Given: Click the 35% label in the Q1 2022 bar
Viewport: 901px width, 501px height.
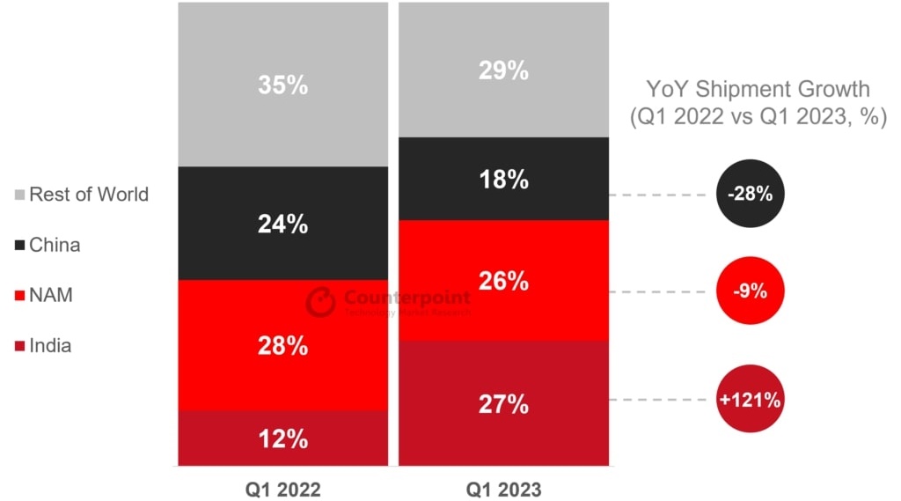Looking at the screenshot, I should tap(282, 85).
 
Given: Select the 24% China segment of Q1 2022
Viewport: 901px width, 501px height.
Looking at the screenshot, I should tap(282, 224).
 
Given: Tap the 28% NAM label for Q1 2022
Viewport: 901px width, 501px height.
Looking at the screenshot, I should tap(282, 345).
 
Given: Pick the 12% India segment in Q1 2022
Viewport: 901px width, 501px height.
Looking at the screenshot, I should tap(282, 438).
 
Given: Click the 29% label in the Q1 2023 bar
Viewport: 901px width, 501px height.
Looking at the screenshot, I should tap(503, 70).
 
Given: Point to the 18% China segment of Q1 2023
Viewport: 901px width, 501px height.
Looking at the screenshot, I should tap(503, 179).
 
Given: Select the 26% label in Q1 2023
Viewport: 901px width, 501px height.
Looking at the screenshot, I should tap(503, 281).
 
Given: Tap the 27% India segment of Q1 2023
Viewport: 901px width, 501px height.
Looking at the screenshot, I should tap(503, 404).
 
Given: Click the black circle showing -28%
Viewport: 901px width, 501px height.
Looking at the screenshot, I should tap(750, 194).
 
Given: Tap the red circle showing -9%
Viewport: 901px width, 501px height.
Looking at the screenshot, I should tap(750, 291).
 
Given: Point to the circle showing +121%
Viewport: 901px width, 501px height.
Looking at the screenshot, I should tap(750, 400).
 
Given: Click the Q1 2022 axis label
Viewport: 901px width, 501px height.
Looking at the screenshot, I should tap(282, 487).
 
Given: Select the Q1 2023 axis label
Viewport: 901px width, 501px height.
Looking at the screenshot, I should tap(503, 487).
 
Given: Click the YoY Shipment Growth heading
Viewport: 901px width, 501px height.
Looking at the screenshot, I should tap(758, 89).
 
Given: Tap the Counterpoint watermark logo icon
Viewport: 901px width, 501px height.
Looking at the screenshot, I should tap(321, 301).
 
